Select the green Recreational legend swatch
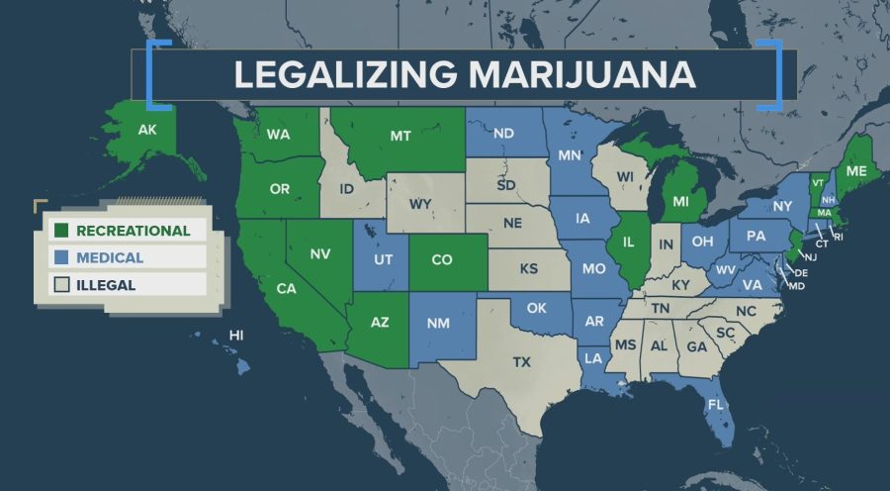tap(60, 231)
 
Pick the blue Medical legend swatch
tap(60, 257)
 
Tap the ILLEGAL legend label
tap(108, 284)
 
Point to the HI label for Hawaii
tap(236, 336)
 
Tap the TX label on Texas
tap(521, 362)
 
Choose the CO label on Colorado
tap(442, 259)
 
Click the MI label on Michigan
tap(680, 201)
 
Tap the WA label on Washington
tap(278, 135)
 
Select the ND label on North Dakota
tap(503, 134)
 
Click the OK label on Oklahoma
tap(536, 308)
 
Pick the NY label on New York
tap(783, 205)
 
